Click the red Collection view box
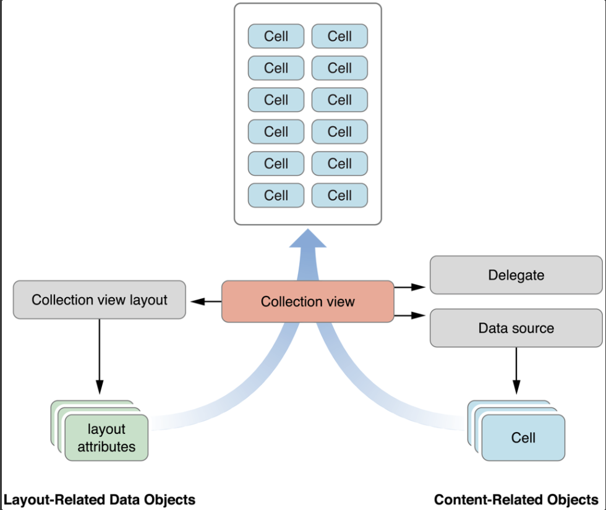coord(307,301)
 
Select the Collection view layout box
coord(99,300)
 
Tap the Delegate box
coord(516,275)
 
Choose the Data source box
coord(516,328)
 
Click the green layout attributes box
coord(106,438)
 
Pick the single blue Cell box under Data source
coord(523,438)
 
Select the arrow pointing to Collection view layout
coord(206,301)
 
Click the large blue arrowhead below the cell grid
coord(308,238)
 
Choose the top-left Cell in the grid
coord(276,36)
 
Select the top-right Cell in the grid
coord(339,36)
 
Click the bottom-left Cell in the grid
coord(276,196)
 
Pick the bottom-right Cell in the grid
coord(339,196)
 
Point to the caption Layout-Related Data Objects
coord(100,499)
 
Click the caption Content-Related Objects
coord(516,499)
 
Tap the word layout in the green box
coord(106,430)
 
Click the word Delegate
coord(516,275)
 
